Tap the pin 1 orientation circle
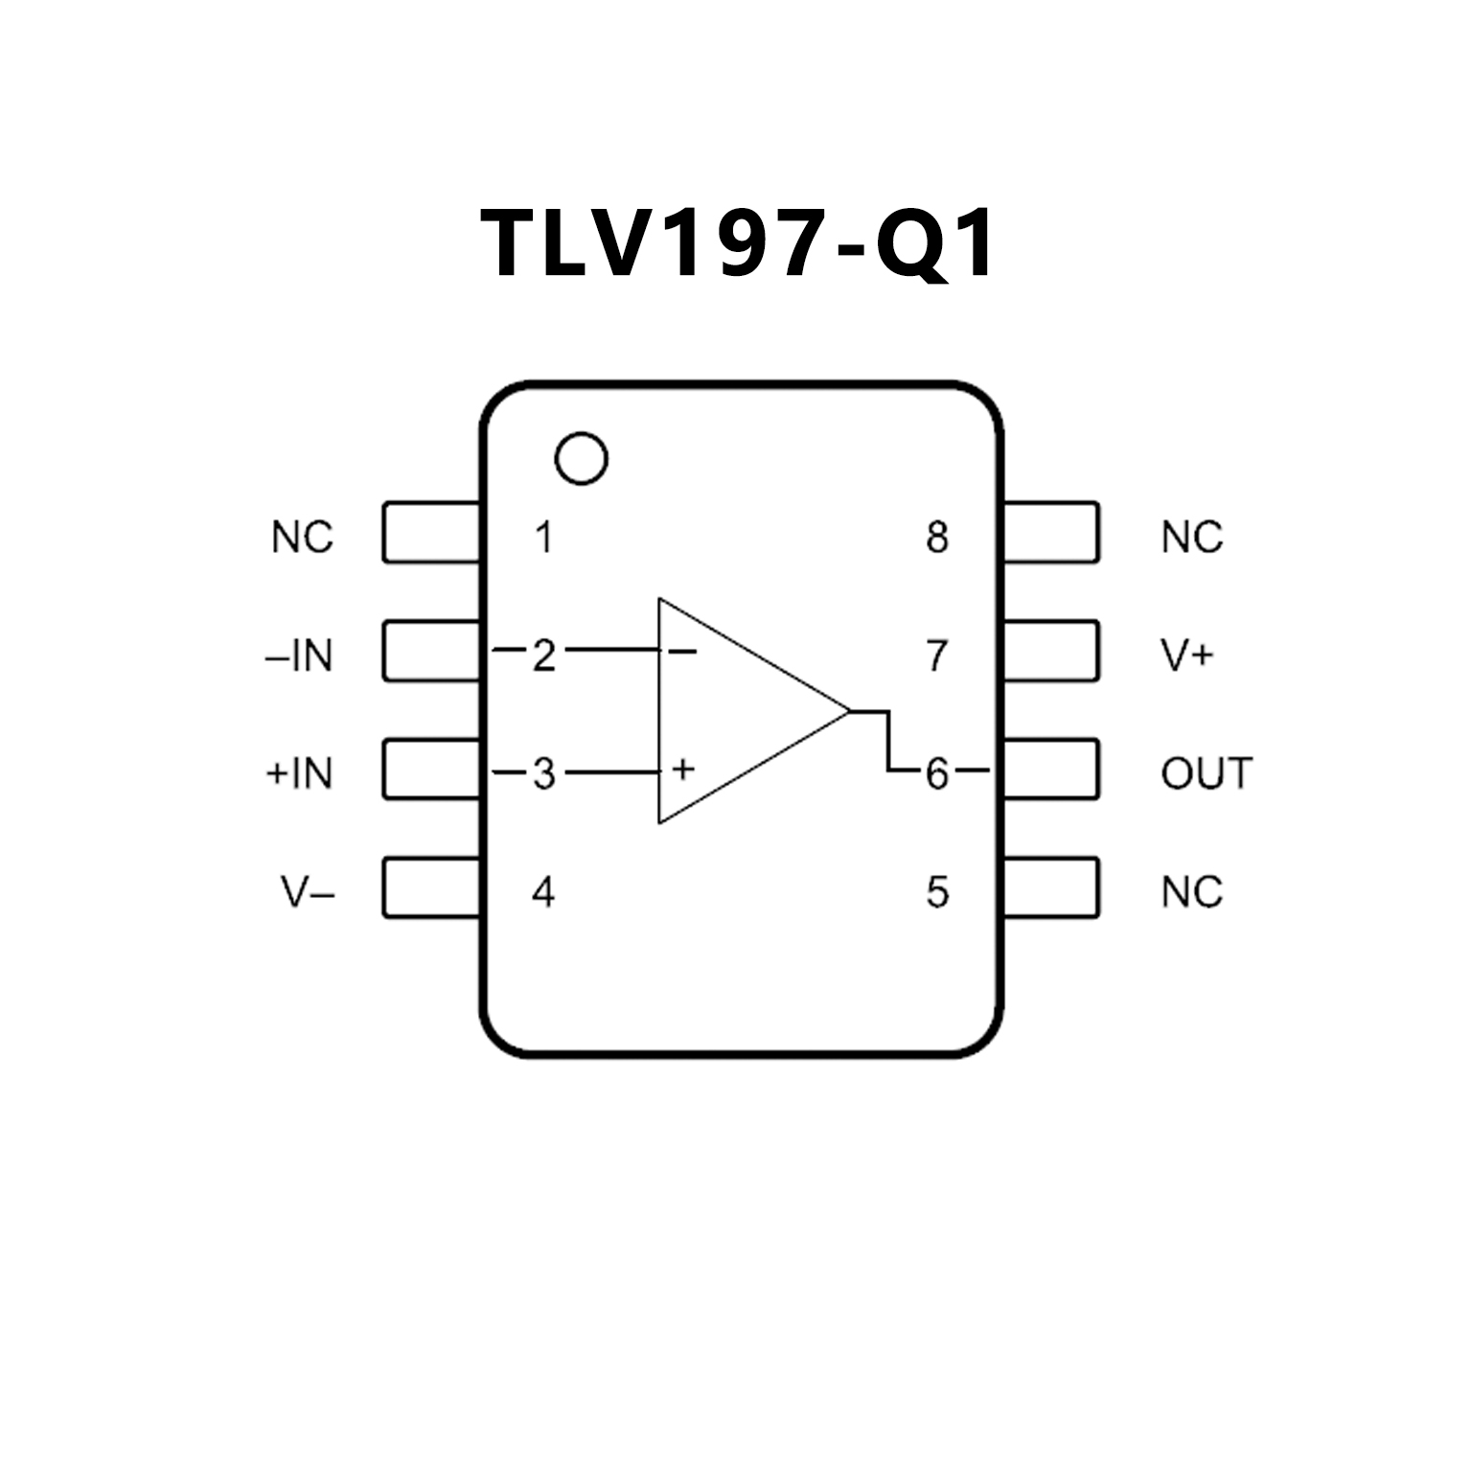tap(581, 459)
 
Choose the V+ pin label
tap(1187, 655)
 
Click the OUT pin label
tap(1207, 773)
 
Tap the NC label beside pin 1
tap(302, 538)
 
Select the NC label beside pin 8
tap(1192, 538)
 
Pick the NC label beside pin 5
tap(1192, 892)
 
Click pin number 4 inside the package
tap(543, 892)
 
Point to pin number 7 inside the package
tap(937, 655)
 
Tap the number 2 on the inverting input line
tap(543, 655)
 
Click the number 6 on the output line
tap(936, 773)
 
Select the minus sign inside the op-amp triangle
tap(682, 652)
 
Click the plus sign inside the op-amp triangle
tap(682, 769)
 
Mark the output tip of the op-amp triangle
tap(849, 711)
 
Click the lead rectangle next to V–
tap(431, 887)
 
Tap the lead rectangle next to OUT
tap(1050, 769)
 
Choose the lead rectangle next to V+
tap(1050, 651)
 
